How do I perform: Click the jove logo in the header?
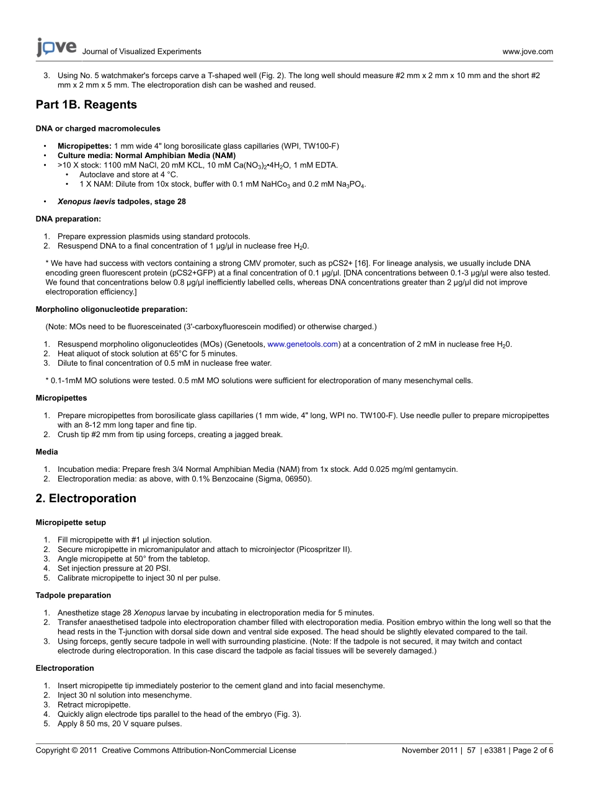(x=56, y=48)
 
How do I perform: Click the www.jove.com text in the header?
(x=527, y=52)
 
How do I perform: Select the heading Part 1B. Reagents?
(x=86, y=105)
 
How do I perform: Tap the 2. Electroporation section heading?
(x=86, y=499)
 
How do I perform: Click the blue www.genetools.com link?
(x=303, y=344)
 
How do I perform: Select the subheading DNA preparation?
(x=68, y=219)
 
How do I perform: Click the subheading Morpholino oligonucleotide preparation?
(x=112, y=309)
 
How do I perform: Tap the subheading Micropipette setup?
(x=71, y=523)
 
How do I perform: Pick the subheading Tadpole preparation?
(x=73, y=595)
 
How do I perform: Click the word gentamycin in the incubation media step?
(x=435, y=469)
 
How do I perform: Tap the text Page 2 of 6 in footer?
(x=533, y=750)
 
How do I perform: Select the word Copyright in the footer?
(x=52, y=750)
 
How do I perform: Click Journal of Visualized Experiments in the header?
(x=141, y=52)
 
